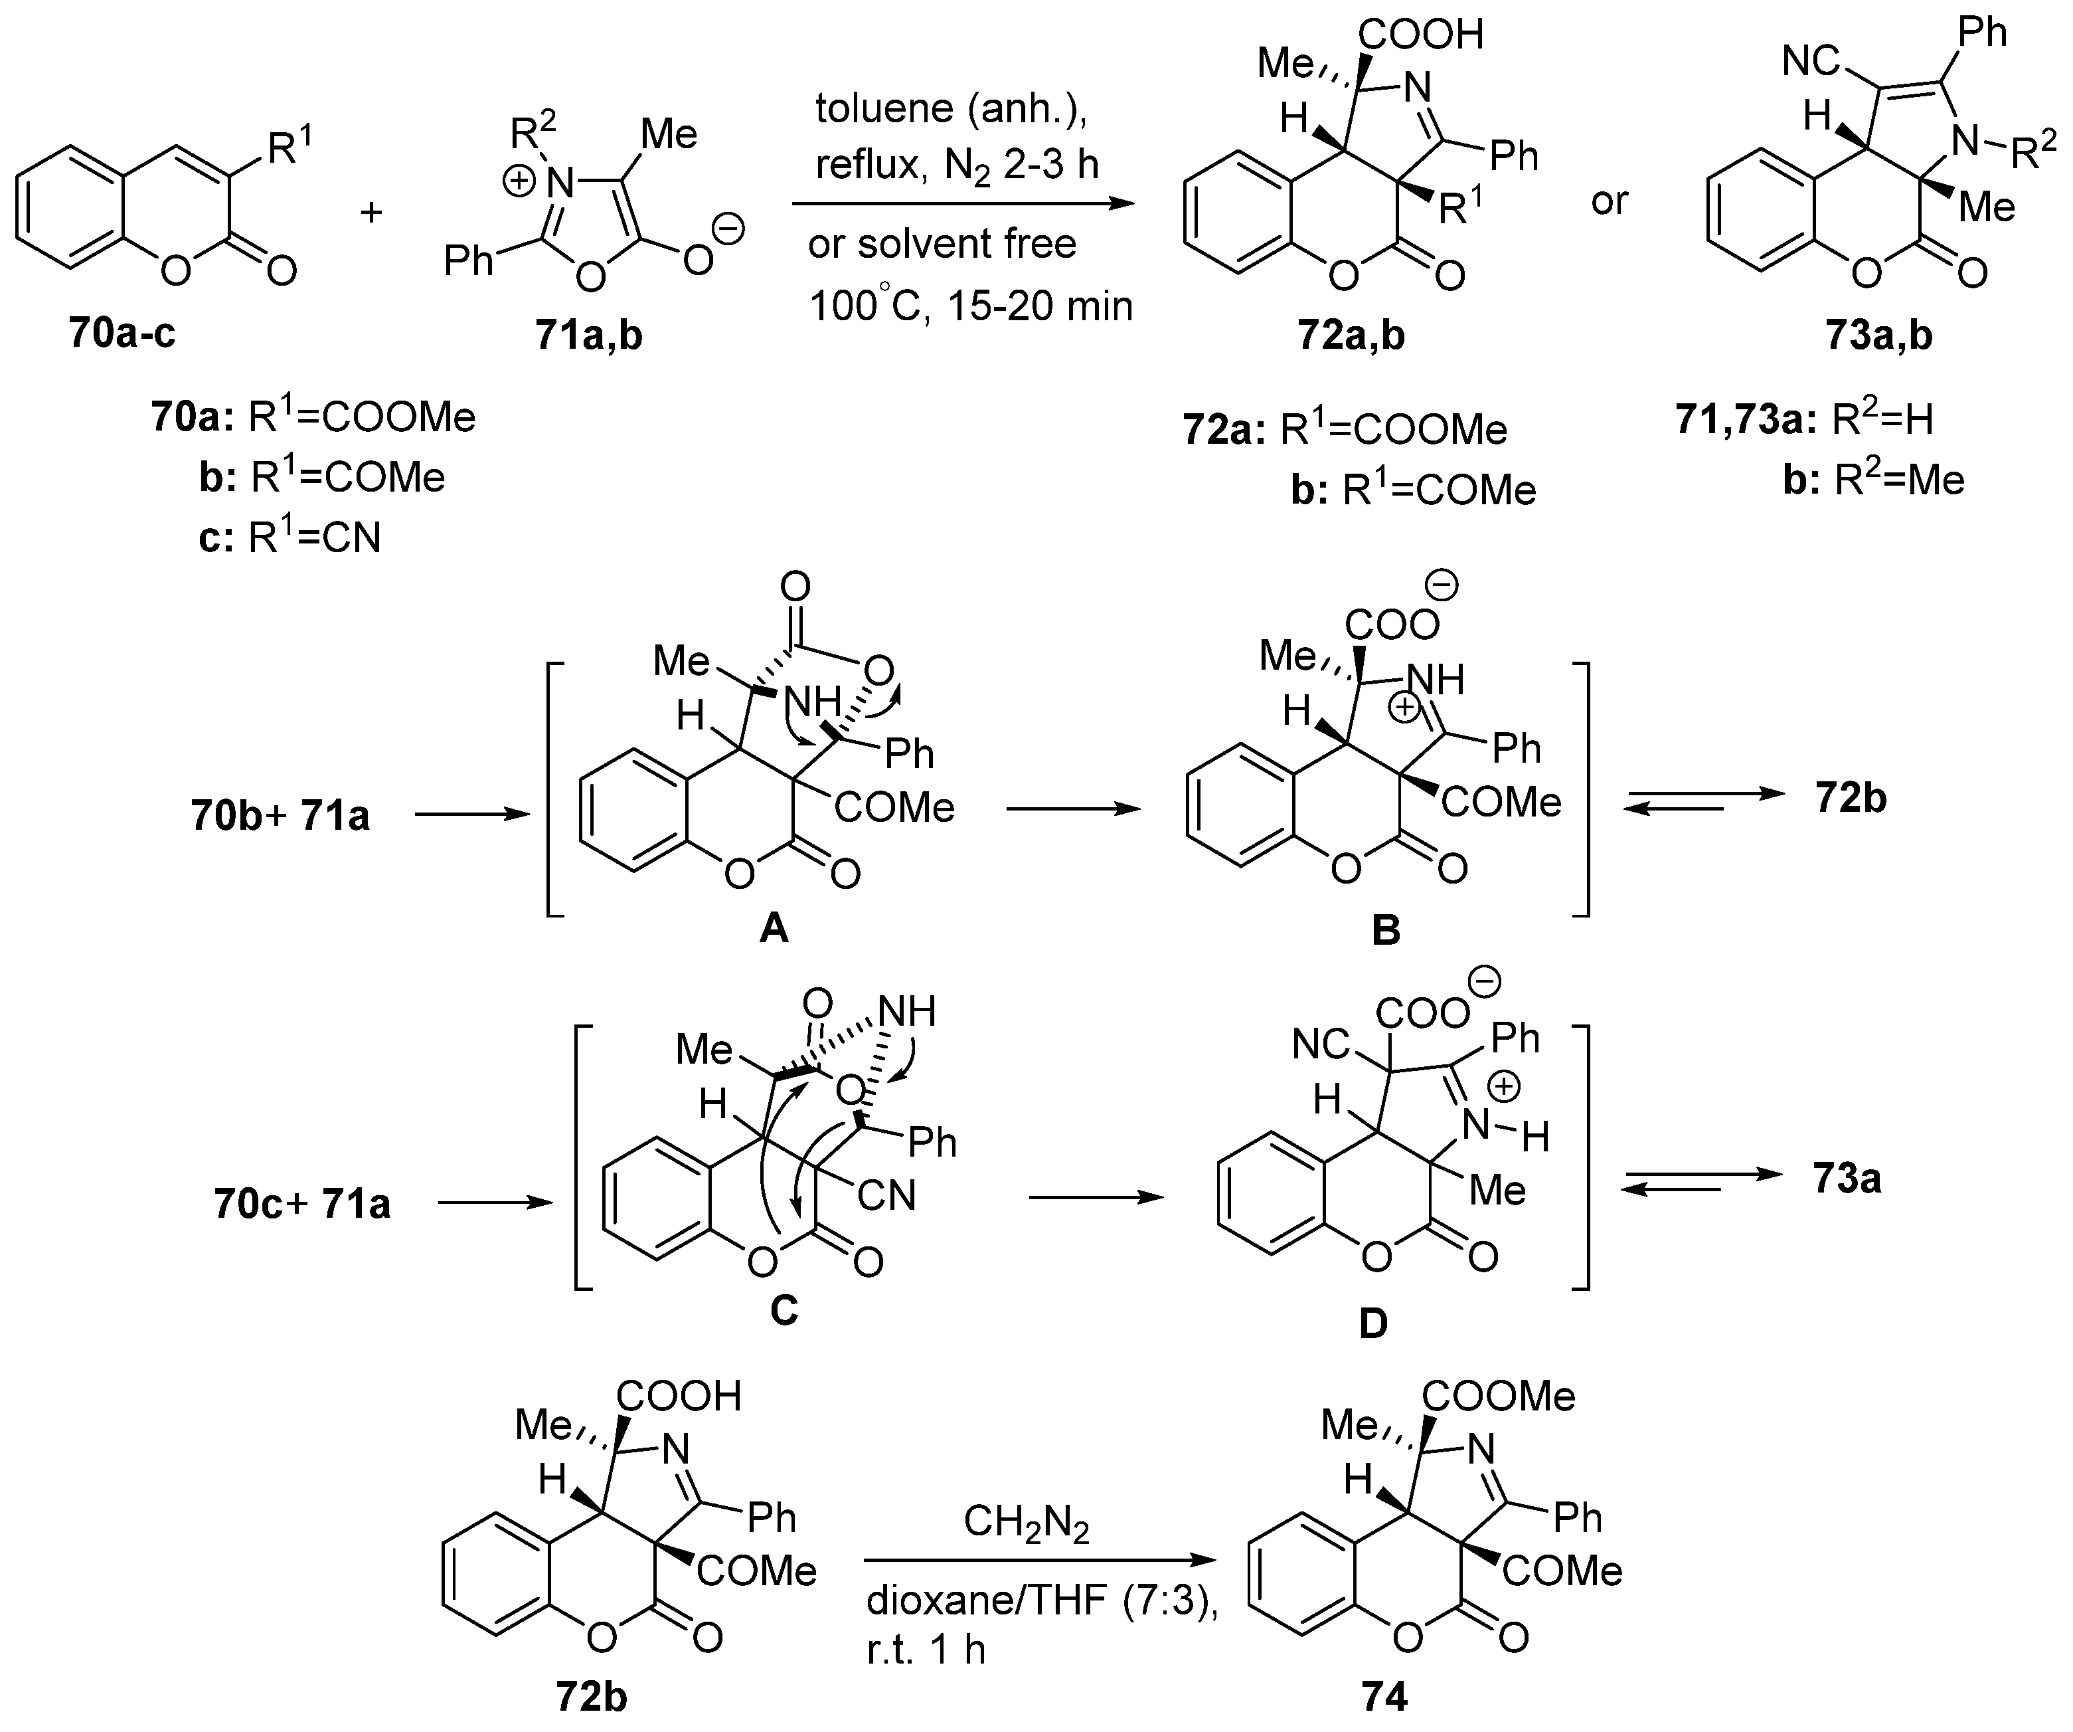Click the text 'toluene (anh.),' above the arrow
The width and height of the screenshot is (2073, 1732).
click(951, 110)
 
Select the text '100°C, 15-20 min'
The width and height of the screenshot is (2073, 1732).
click(970, 307)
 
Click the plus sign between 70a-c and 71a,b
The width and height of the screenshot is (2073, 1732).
click(372, 211)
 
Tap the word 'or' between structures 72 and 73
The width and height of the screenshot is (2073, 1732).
click(1609, 201)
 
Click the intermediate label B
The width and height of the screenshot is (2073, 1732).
click(1386, 929)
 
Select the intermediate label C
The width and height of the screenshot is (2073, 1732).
click(783, 1310)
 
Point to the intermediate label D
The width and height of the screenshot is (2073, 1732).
click(1373, 1322)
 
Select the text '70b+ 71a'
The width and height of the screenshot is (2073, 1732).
click(280, 817)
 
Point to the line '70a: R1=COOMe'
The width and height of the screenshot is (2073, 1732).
click(313, 418)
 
